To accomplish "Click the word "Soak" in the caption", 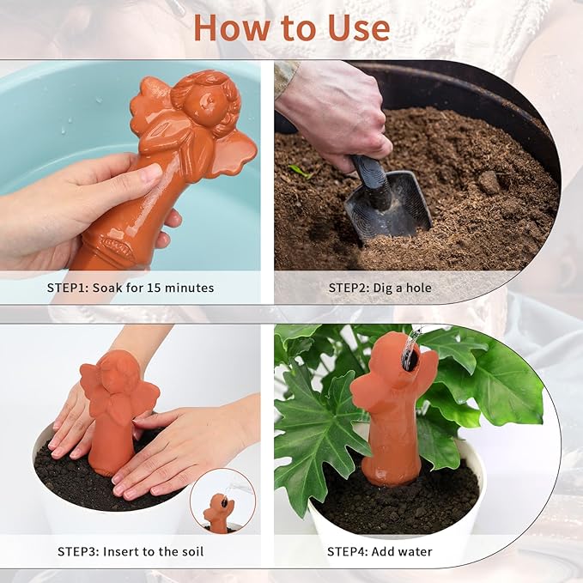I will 111,288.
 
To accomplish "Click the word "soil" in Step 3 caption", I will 190,551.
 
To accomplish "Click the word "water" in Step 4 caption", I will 415,551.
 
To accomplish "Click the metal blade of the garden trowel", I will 391,206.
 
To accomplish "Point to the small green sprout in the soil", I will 301,170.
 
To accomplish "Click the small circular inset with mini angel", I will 222,501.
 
